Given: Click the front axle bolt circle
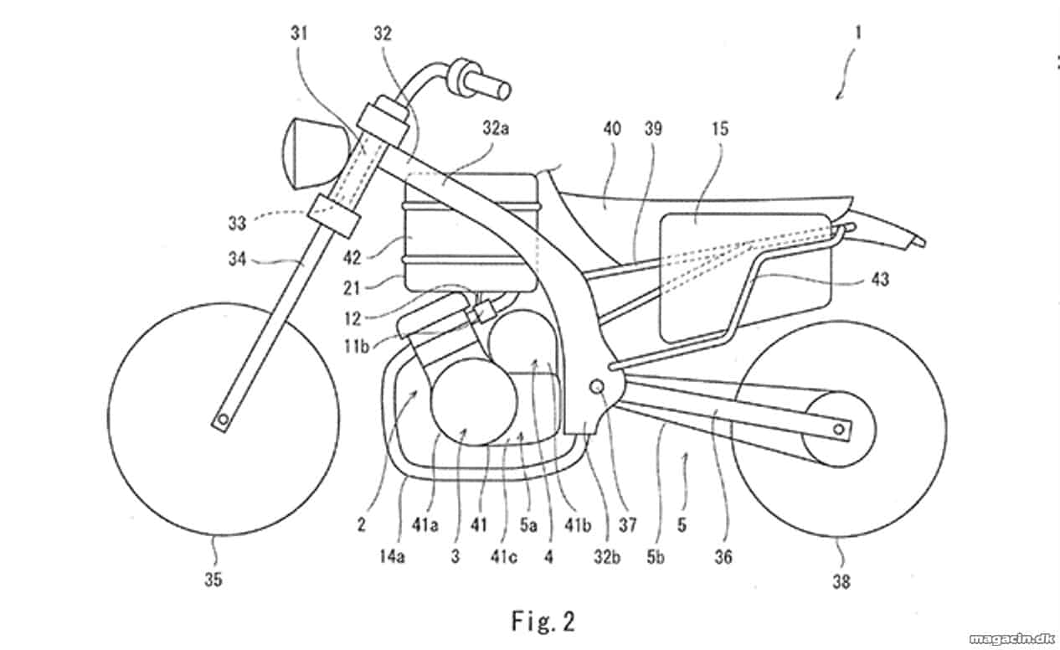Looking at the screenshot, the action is pos(223,420).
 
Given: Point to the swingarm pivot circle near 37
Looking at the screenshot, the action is pos(597,387).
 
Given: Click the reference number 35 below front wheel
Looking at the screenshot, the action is pos(213,580).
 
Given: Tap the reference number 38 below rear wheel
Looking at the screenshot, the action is pos(841,582).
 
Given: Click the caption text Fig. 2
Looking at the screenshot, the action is pos(543,622).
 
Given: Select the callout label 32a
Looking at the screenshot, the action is pos(496,128).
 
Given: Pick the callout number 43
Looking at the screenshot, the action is pos(880,279).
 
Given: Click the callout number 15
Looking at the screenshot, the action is pos(720,129).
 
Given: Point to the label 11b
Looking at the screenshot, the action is pos(357,347).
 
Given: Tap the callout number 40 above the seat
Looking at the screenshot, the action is pos(612,129).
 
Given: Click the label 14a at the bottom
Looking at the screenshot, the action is pos(393,557).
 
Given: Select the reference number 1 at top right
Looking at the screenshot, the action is pos(857,34).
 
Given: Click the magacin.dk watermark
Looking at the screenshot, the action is pos(1011,639).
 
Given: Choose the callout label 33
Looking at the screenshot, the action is pos(237,223).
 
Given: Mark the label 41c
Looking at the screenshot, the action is pos(503,557).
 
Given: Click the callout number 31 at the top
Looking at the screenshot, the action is pos(299,34).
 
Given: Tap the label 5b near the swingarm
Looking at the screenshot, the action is pos(656,558).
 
